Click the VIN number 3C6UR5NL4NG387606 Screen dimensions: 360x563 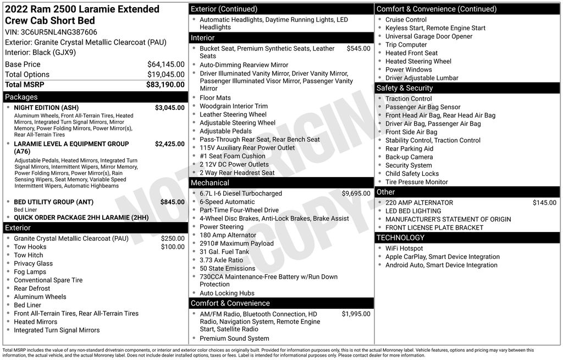tap(59, 32)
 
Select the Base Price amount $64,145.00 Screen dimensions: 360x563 tap(165, 64)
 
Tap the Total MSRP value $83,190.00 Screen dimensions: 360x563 tap(165, 85)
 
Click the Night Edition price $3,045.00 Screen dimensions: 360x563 tap(169, 108)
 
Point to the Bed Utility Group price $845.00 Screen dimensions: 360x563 tap(172, 202)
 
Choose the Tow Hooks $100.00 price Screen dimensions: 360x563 tap(173, 247)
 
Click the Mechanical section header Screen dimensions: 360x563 tap(210, 182)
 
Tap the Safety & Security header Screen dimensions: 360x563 tap(405, 88)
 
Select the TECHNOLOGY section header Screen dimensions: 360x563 tap(400, 237)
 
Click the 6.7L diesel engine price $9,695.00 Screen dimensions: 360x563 tap(356, 193)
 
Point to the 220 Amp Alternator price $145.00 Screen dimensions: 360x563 tap(544, 203)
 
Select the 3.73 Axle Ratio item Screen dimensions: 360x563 tap(221, 260)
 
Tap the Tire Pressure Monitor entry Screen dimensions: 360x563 tap(416, 182)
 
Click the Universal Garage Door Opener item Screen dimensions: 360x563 tap(429, 36)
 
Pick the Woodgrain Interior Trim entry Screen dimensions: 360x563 tap(234, 106)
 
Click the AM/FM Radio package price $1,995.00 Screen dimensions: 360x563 tap(356, 314)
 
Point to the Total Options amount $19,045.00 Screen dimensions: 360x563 tap(165, 75)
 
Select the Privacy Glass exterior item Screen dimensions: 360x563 tap(34, 263)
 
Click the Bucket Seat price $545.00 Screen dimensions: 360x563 tap(358, 48)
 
